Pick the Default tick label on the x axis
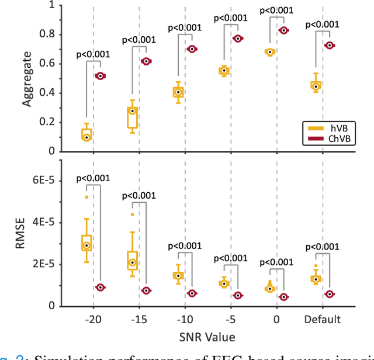[322, 320]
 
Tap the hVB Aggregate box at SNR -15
[132, 117]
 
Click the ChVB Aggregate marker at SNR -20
[100, 76]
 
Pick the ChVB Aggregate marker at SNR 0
[283, 30]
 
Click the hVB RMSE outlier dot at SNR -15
[132, 214]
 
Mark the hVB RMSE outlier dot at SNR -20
[86, 197]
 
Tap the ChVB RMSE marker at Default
[330, 294]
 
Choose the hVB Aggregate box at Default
[316, 85]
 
